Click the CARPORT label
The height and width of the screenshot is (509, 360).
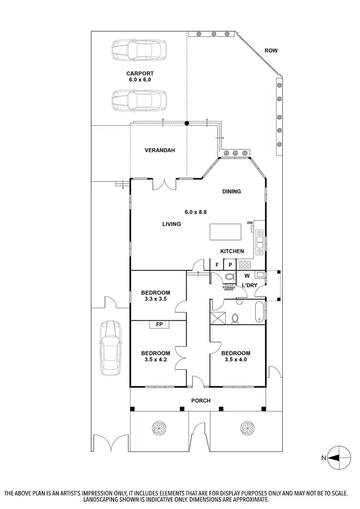coord(140,73)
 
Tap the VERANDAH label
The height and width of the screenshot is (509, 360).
coord(159,150)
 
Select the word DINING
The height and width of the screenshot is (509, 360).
coord(231,192)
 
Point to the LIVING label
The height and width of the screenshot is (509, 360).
coord(171,224)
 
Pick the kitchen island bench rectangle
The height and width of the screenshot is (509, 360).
coord(226,232)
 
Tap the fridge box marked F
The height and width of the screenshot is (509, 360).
coord(217,265)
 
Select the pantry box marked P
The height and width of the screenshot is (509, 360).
coord(230,265)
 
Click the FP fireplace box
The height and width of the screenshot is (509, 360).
coord(159,325)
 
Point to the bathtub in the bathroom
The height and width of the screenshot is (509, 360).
coord(260,312)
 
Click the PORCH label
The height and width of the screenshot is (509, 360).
coord(201,401)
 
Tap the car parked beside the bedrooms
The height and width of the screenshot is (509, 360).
coord(109,347)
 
